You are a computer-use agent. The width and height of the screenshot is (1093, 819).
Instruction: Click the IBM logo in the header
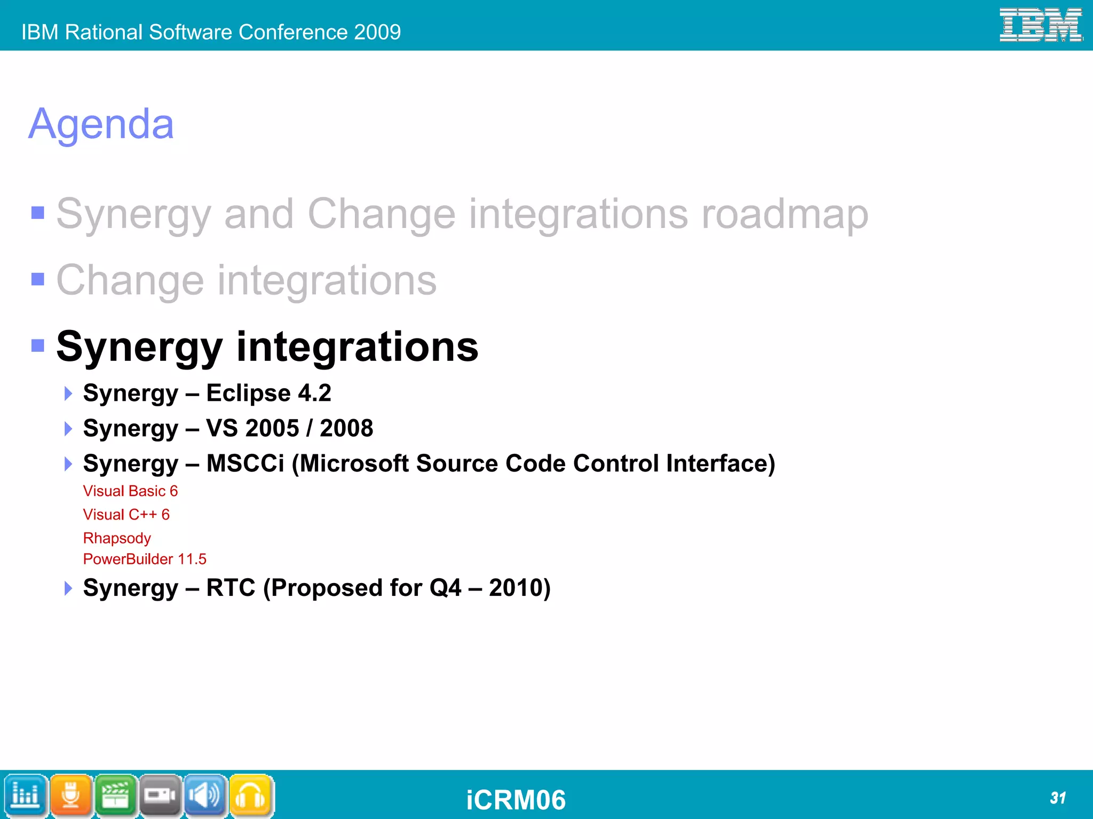pos(1040,25)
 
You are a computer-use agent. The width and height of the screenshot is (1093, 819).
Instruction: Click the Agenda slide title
pos(101,124)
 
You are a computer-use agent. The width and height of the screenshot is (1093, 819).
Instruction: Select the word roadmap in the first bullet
pos(785,214)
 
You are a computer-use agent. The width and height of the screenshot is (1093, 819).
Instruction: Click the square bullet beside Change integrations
pos(38,279)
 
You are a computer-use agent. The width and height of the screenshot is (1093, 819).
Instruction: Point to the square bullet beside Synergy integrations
pos(38,346)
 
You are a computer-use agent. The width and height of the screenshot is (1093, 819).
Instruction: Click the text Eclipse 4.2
pos(268,393)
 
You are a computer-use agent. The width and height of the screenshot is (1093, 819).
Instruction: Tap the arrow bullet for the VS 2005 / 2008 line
pos(68,429)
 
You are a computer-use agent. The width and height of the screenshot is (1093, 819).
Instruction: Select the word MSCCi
pos(245,463)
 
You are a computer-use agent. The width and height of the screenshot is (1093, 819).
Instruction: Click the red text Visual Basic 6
pos(130,491)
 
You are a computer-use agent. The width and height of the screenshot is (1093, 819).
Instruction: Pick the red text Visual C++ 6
pos(126,515)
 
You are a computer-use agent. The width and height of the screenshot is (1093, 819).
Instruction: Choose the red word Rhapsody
pos(117,538)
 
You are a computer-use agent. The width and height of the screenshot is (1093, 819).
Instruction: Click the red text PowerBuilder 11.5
pos(145,559)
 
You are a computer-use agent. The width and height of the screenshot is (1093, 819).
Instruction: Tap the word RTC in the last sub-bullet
pos(231,588)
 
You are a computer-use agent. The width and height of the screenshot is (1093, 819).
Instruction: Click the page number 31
pos(1057,798)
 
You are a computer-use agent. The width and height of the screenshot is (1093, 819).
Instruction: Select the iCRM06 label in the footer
pos(516,800)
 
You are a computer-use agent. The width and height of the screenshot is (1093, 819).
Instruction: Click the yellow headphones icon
pos(250,796)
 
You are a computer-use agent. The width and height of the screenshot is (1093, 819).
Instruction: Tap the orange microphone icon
pos(71,796)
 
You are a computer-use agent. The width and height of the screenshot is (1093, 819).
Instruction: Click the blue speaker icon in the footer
pos(205,796)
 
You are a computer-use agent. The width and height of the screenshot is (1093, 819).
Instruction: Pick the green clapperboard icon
pos(116,796)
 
